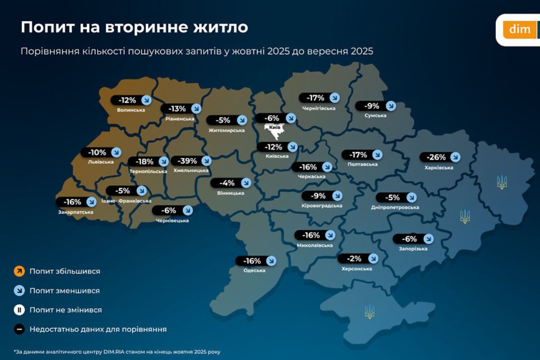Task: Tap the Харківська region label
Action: coord(438,168)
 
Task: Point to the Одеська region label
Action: coord(254,270)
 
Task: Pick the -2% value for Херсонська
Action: coord(355,258)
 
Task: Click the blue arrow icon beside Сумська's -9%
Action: coord(391,106)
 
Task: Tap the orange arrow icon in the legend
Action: coord(19,271)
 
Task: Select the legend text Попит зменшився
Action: coord(65,291)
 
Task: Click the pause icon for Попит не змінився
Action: coord(19,310)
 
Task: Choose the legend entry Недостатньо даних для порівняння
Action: coord(98,329)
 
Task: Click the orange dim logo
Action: coord(519,30)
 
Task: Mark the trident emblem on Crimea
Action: coord(369,311)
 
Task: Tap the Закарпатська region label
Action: coord(76,212)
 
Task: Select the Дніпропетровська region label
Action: coord(395,207)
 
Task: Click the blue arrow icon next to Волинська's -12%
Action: coord(146,100)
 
